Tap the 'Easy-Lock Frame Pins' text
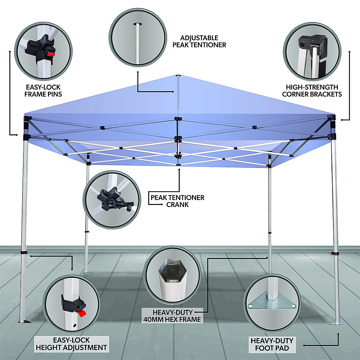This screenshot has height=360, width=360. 43,91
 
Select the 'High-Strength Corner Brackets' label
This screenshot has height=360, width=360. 312,91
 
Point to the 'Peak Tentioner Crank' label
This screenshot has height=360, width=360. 178,201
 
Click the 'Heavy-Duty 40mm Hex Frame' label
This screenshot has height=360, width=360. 172,316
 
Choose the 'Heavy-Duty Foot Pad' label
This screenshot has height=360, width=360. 272,344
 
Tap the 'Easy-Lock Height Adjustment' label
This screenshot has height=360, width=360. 71,344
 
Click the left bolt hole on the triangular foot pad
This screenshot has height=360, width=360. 251,306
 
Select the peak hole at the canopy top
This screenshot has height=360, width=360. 178,76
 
